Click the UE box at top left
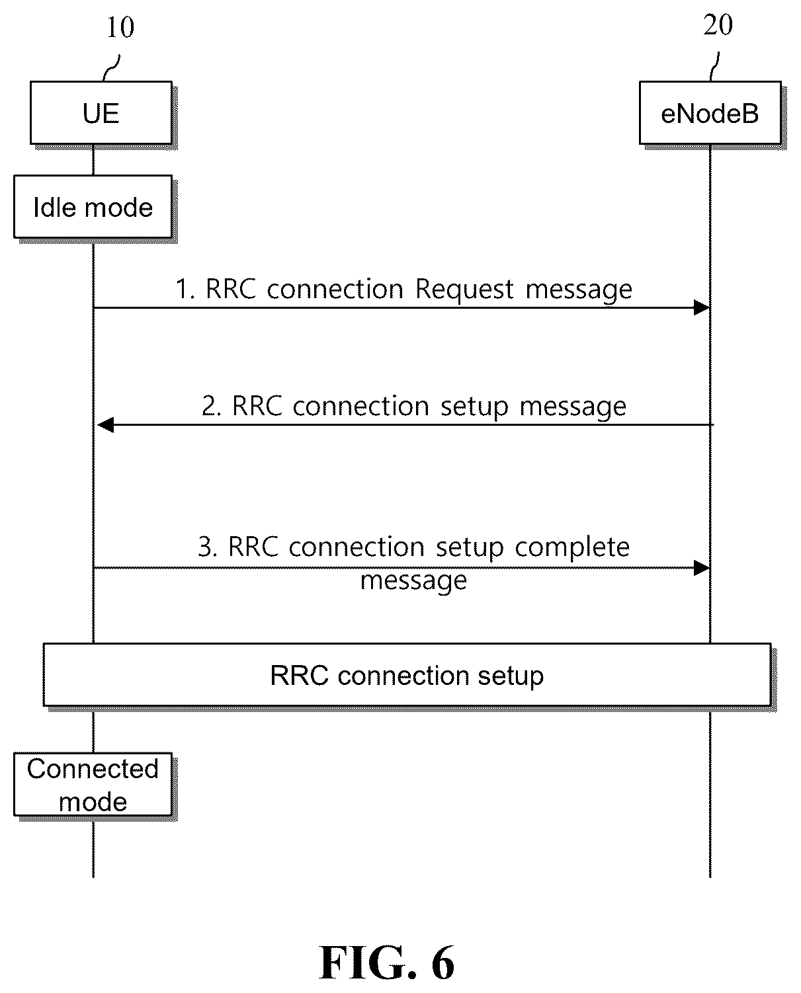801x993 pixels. (x=101, y=113)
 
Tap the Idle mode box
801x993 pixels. (x=93, y=207)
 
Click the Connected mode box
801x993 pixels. (x=93, y=785)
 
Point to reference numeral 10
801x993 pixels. (x=120, y=27)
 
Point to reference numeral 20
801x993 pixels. (x=718, y=24)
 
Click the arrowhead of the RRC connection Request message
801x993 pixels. (x=702, y=307)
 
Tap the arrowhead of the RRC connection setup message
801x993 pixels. (x=106, y=424)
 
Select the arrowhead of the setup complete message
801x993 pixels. (x=702, y=568)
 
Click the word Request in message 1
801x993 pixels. (x=464, y=290)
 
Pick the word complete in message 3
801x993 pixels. (x=572, y=548)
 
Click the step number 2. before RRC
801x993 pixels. (x=212, y=406)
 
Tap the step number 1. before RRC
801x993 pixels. (x=186, y=290)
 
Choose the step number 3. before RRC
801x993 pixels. (x=208, y=547)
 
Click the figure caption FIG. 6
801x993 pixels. (x=387, y=963)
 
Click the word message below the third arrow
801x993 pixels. (x=413, y=581)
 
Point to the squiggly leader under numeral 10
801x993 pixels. (x=112, y=68)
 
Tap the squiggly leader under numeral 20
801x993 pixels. (x=714, y=67)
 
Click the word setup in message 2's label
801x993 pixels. (x=474, y=407)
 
